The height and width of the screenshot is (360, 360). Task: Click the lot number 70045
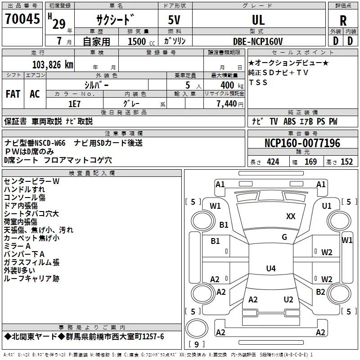point(22,18)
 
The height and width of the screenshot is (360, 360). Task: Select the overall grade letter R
point(343,20)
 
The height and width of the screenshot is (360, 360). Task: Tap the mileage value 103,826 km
point(53,65)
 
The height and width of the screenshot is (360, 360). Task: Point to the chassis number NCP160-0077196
point(302,143)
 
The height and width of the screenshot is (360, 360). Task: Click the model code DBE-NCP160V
point(258,41)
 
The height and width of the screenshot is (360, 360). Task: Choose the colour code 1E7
point(74,104)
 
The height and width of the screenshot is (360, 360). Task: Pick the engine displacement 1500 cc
point(141,41)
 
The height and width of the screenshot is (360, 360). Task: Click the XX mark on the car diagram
point(291,216)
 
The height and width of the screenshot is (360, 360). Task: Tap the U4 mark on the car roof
point(271,268)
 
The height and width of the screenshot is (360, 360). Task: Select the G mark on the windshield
point(284,237)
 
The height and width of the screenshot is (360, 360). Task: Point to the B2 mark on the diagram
point(320,292)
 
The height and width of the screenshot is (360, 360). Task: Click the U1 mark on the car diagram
point(327,206)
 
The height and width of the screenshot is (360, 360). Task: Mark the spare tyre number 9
point(196,344)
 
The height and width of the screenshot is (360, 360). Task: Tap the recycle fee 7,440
point(227,104)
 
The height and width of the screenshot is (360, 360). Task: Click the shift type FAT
point(13,94)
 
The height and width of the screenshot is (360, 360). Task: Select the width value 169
point(310,162)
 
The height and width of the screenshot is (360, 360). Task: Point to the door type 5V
point(174,20)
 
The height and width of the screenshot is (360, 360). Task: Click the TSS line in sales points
point(258,82)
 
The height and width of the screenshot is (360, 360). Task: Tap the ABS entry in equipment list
point(289,121)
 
